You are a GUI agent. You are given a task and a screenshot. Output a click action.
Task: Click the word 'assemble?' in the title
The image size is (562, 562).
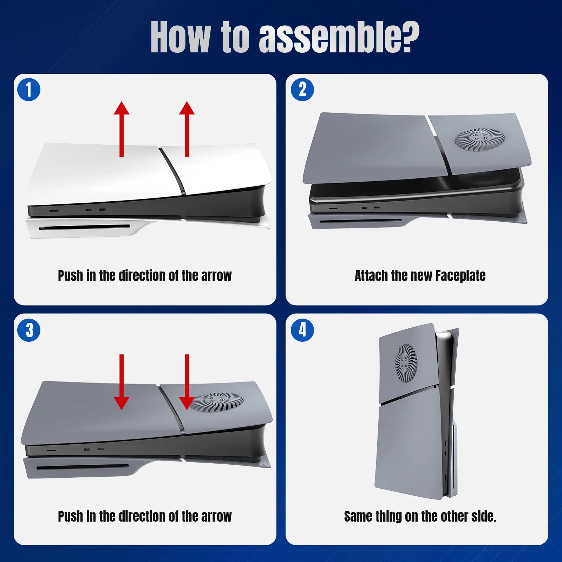(x=339, y=38)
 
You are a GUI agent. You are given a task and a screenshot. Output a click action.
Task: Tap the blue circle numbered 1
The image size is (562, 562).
(x=29, y=90)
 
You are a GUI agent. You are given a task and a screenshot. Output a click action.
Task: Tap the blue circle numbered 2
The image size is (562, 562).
(x=302, y=90)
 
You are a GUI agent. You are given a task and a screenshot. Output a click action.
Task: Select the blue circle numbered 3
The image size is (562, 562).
(x=29, y=331)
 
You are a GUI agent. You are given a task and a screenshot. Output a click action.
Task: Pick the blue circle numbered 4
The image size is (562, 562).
(x=302, y=331)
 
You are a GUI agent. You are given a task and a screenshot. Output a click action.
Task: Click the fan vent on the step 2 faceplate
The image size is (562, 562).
(x=480, y=139)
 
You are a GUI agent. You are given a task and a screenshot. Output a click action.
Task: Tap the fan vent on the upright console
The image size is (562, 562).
(x=406, y=363)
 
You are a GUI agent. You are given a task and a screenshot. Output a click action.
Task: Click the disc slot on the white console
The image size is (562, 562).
(x=84, y=227)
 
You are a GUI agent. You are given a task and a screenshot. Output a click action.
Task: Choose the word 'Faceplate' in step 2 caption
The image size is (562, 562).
(x=460, y=276)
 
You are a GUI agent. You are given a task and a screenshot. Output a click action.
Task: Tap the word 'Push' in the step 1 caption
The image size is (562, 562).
(x=70, y=276)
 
